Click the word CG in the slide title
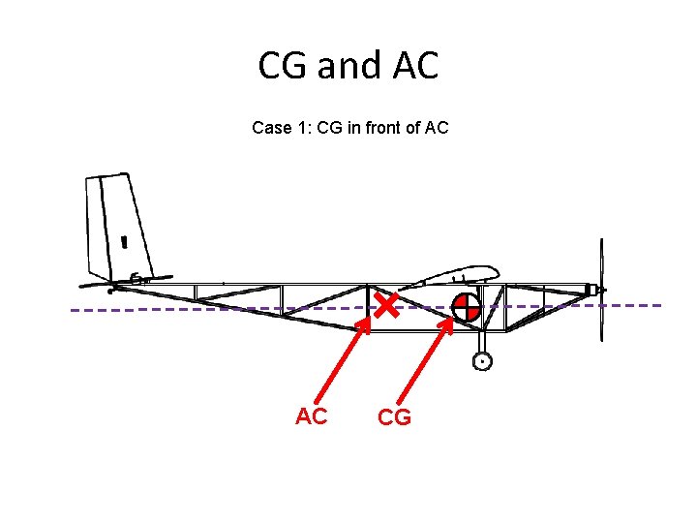tap(283, 66)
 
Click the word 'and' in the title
tap(348, 66)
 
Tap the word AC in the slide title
tap(415, 66)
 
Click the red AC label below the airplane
tap(312, 417)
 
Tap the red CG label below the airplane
tap(395, 417)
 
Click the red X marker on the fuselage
tap(387, 308)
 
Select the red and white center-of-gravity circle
tap(466, 308)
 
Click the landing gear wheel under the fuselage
tap(482, 361)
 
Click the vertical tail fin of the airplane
tap(115, 228)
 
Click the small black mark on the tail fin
tap(124, 240)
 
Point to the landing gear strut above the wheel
tap(482, 341)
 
